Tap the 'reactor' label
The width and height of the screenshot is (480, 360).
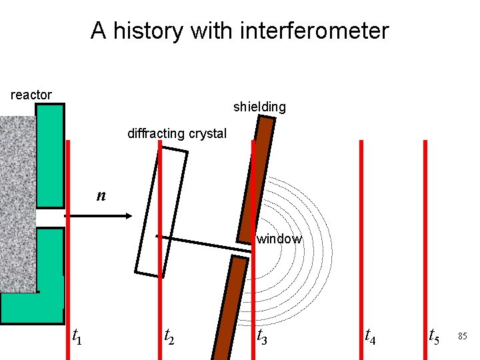pyautogui.click(x=31, y=95)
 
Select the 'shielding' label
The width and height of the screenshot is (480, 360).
pyautogui.click(x=259, y=107)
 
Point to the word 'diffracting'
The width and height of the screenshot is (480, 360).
pyautogui.click(x=157, y=133)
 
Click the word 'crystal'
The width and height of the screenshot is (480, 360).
pyautogui.click(x=208, y=133)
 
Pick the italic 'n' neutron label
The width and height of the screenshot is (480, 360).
pyautogui.click(x=101, y=195)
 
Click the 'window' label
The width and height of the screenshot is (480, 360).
pyautogui.click(x=279, y=239)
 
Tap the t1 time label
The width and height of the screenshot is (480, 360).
pyautogui.click(x=77, y=337)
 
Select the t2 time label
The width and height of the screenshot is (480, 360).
pyautogui.click(x=170, y=337)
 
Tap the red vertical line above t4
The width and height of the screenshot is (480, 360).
pyautogui.click(x=361, y=233)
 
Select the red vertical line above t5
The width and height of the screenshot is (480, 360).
pyautogui.click(x=425, y=233)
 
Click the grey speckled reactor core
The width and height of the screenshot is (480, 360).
pyautogui.click(x=17, y=200)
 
